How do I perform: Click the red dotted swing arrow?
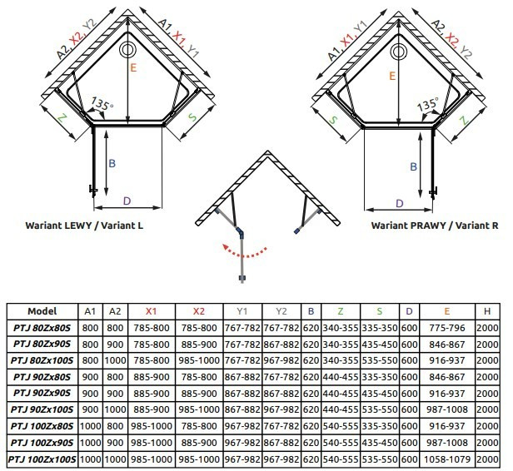click(x=244, y=255)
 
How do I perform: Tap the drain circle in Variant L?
click(x=127, y=50)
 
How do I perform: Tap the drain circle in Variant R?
click(x=398, y=52)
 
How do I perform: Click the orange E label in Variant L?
click(x=133, y=67)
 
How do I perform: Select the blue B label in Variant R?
click(x=413, y=166)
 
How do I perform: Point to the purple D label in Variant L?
click(x=127, y=201)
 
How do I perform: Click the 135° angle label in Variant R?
click(x=427, y=104)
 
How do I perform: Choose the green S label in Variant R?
click(x=333, y=120)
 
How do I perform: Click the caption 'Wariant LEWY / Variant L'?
click(x=84, y=226)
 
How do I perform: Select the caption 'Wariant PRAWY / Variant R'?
click(x=435, y=226)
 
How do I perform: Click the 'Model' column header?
click(x=42, y=311)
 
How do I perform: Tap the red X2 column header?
click(x=199, y=311)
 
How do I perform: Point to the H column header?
click(x=487, y=311)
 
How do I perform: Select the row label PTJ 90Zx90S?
click(x=42, y=394)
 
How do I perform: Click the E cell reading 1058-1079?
click(x=447, y=459)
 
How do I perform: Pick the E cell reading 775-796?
click(x=447, y=328)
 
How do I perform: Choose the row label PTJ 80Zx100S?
click(x=42, y=360)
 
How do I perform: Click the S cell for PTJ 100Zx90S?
click(x=380, y=443)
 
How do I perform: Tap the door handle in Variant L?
click(x=93, y=191)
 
